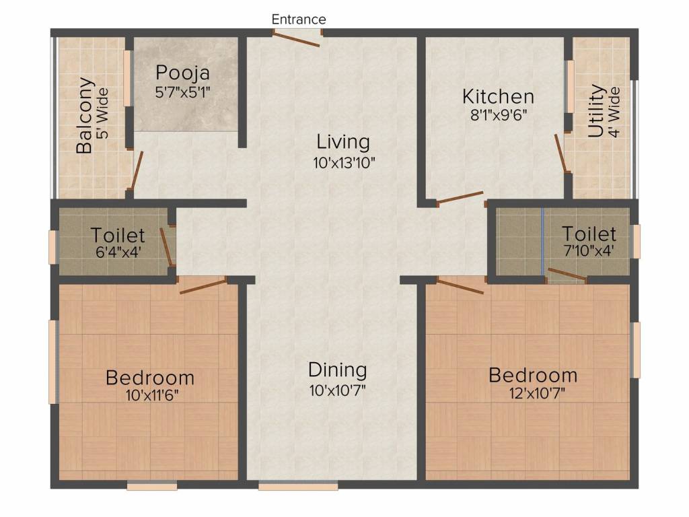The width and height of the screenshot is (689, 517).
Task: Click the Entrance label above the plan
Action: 299,20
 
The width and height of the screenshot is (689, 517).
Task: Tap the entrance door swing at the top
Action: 299,40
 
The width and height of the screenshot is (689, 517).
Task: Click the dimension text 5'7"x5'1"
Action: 182,92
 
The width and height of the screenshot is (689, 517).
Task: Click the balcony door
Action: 136,171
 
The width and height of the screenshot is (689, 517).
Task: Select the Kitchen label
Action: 498,96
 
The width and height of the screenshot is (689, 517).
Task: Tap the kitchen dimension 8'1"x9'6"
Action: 498,114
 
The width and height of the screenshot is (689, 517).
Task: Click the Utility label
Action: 596,111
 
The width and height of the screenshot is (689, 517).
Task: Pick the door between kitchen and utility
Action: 560,153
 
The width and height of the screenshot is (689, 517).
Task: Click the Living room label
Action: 344,142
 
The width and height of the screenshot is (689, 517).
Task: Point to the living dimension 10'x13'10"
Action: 344,162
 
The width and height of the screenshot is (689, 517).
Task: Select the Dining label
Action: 337,370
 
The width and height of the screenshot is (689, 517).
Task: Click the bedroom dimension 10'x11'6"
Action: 150,395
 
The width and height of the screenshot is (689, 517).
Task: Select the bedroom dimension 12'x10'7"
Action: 532,393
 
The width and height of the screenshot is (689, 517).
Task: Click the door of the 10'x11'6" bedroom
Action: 203,286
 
